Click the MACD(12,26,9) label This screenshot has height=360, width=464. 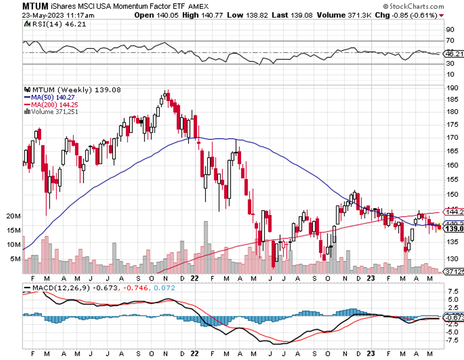(x=55, y=287)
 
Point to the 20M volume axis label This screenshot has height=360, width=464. (x=13, y=216)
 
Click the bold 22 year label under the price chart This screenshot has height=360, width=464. (x=194, y=278)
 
